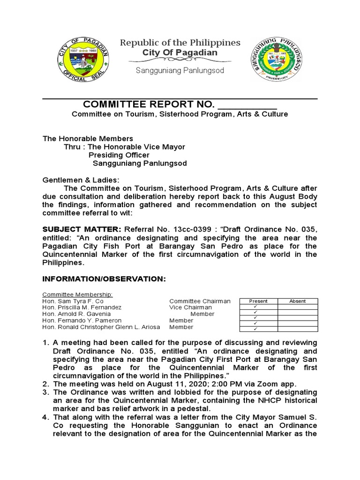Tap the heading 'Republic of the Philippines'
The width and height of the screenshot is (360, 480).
point(180,43)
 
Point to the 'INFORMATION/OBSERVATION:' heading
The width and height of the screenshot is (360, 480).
point(104,279)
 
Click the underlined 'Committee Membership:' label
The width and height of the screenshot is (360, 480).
point(77,294)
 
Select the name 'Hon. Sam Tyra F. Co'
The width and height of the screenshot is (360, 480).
point(72,301)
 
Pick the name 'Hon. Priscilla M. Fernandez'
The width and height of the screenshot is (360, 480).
point(82,307)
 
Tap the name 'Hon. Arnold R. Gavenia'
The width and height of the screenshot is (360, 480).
point(76,314)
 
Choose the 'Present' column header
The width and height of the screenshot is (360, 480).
point(258,301)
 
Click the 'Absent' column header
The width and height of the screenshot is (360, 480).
point(298,301)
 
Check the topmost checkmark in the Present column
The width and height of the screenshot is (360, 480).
point(255,307)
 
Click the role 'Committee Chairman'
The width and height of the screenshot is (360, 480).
point(200,301)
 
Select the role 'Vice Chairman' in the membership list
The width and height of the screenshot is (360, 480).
point(190,307)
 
